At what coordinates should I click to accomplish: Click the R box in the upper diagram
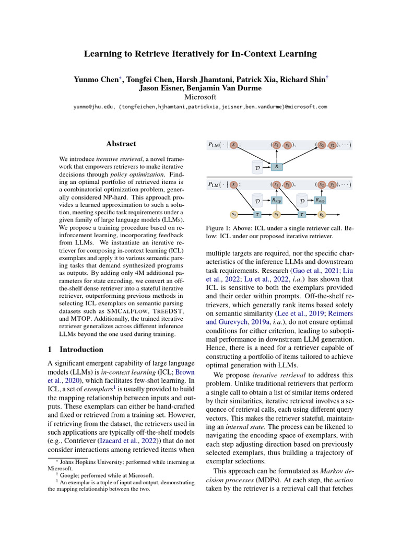(x=276, y=167)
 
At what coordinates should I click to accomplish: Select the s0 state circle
(x=234, y=214)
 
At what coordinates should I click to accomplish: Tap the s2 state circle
(x=322, y=214)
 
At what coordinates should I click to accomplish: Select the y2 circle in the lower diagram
(x=332, y=184)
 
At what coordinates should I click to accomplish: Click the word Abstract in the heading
(x=121, y=144)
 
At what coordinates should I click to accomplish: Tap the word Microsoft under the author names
(x=200, y=97)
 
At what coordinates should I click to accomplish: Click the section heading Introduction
(x=81, y=350)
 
